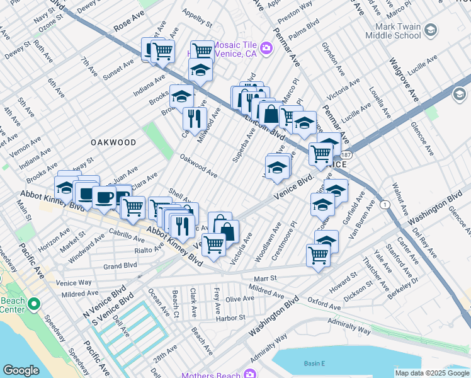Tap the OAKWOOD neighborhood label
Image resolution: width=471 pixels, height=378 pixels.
(113, 142)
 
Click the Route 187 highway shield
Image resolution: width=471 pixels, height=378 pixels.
(349, 154)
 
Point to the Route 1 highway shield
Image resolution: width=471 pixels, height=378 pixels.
(383, 204)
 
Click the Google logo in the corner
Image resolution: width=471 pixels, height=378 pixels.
(21, 370)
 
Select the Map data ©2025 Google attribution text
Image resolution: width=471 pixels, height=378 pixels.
(432, 373)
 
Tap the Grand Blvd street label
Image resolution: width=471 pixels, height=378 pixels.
(120, 266)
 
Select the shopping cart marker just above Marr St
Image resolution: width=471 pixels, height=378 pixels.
(318, 255)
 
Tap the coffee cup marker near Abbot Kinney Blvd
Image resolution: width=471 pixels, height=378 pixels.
(104, 197)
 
